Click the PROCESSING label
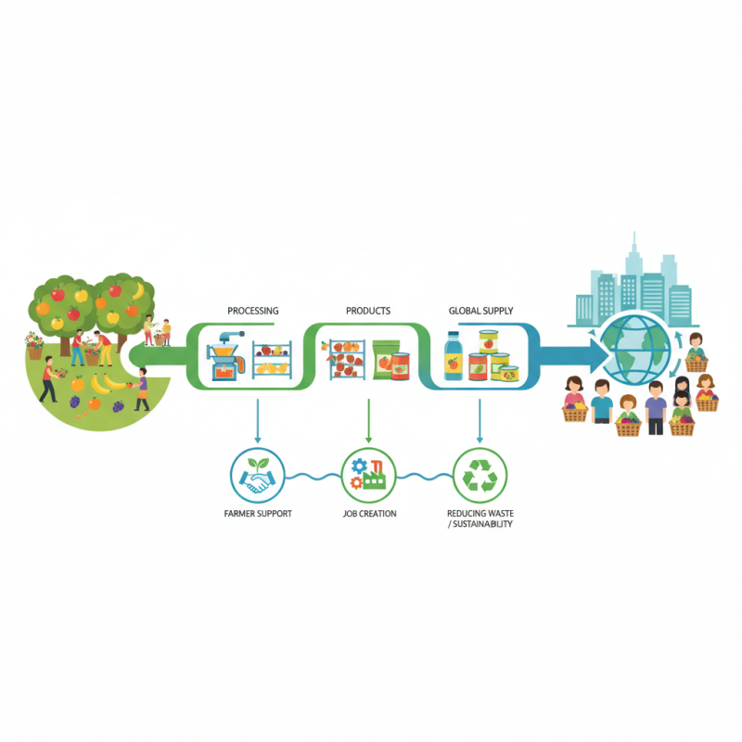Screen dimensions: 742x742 (x=252, y=311)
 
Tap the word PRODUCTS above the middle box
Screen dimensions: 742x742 (x=368, y=311)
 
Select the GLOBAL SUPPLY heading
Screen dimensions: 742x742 (x=480, y=311)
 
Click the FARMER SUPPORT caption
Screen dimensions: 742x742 (x=258, y=513)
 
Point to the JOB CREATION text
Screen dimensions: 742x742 (x=369, y=513)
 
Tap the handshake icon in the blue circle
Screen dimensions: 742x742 (x=258, y=477)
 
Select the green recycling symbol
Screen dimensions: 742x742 (x=480, y=476)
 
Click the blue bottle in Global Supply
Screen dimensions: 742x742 (x=454, y=358)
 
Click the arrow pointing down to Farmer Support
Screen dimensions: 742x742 (x=258, y=436)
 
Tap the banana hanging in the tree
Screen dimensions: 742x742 (x=138, y=294)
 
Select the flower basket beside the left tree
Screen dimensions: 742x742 (x=34, y=348)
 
